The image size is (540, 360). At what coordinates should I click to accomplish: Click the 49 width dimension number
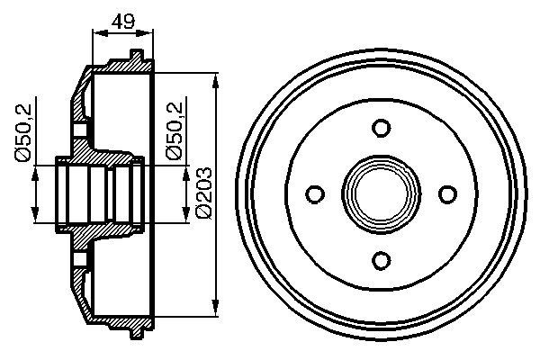click(123, 20)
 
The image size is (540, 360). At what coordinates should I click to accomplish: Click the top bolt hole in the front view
click(381, 127)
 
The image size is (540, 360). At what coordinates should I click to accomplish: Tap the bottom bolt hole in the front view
click(381, 261)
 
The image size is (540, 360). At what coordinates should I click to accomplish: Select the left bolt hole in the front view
click(314, 194)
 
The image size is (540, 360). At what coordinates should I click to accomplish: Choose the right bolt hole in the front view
click(447, 194)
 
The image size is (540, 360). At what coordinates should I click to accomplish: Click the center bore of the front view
click(381, 194)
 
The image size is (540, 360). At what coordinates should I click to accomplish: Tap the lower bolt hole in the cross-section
click(79, 260)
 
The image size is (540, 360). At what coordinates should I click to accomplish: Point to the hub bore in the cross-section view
click(99, 194)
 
